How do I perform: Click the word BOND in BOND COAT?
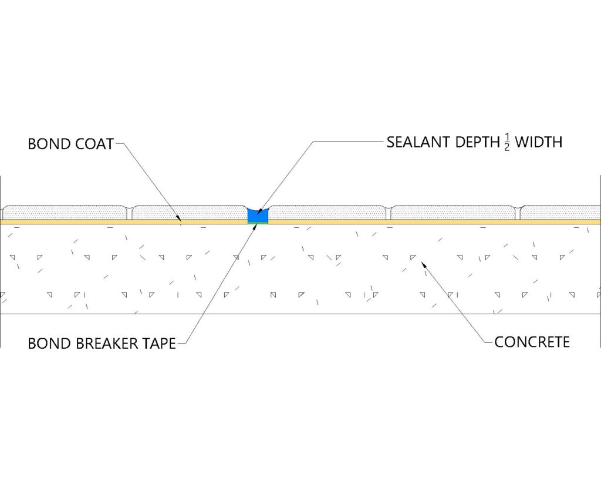tap(49, 144)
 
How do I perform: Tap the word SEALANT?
tap(418, 142)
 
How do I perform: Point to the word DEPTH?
tap(478, 142)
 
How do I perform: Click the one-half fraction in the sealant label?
tap(507, 142)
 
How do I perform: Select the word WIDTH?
tap(538, 142)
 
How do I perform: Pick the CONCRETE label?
tap(532, 342)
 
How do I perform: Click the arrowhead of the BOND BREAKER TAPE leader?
tap(254, 226)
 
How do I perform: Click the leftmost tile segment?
tap(65, 213)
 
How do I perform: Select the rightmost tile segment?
tap(561, 213)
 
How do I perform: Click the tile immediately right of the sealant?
tap(327, 213)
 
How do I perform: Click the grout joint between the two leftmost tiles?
tap(130, 214)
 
